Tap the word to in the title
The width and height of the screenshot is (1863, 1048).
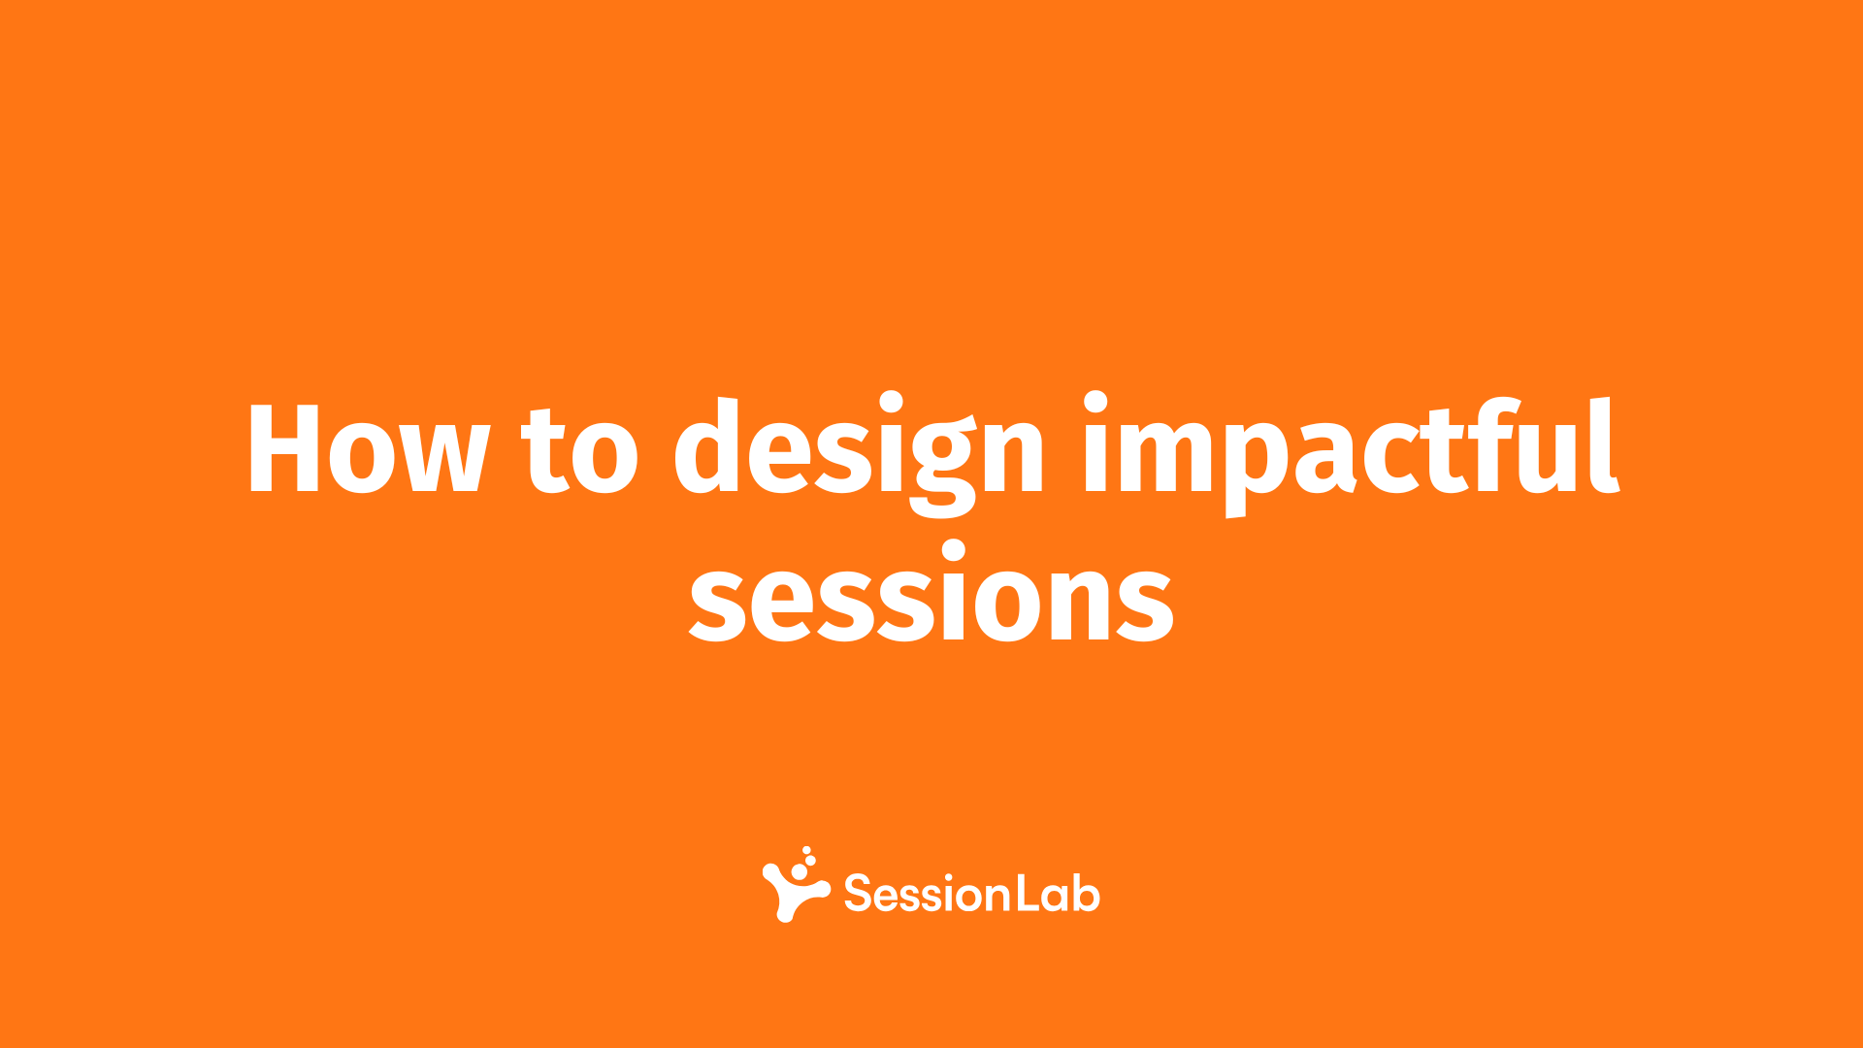(580, 448)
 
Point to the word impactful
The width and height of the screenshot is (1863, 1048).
(1351, 454)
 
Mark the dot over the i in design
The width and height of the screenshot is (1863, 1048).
(890, 403)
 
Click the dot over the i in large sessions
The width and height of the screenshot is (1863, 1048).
(954, 552)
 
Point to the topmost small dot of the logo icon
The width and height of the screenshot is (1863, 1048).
(806, 850)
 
